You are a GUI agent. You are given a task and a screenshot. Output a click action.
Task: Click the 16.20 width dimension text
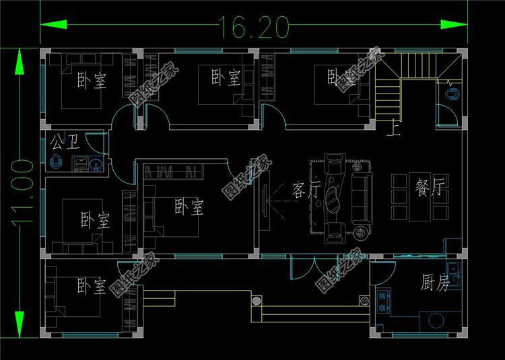(x=252, y=26)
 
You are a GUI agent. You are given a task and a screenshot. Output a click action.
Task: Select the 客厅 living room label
(x=305, y=190)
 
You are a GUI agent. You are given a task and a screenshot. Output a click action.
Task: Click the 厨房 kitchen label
(x=435, y=283)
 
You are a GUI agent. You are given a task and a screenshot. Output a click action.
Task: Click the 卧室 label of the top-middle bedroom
(x=226, y=78)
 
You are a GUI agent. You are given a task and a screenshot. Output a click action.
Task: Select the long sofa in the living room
(x=361, y=198)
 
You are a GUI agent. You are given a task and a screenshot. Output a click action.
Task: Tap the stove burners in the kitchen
(x=384, y=300)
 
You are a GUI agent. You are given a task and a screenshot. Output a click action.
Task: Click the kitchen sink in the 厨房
(x=454, y=275)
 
